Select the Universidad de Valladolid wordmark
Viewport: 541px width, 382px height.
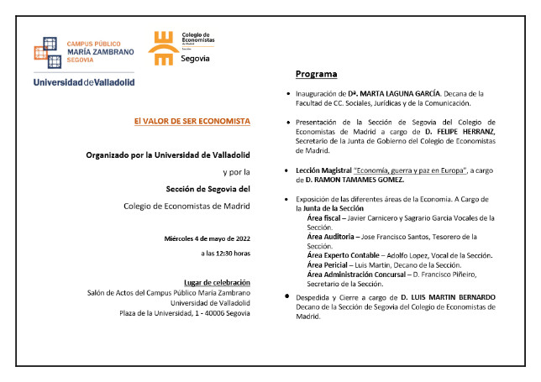pyautogui.click(x=84, y=81)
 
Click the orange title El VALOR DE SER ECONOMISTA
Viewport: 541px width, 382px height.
pyautogui.click(x=192, y=121)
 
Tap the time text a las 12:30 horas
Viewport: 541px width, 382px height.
pyautogui.click(x=225, y=253)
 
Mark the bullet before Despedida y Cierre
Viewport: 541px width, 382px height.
pyautogui.click(x=288, y=297)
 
